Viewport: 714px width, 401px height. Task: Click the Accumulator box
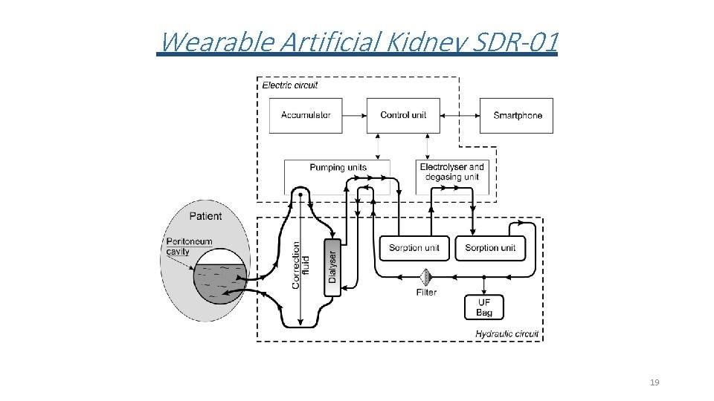point(306,115)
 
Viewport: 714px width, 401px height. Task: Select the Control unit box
point(403,115)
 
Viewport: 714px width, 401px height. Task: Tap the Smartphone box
point(517,115)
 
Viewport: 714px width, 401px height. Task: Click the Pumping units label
point(338,168)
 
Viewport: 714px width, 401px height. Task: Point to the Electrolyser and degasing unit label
point(451,172)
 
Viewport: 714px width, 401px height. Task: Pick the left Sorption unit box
point(414,247)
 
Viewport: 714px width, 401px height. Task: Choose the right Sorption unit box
point(490,247)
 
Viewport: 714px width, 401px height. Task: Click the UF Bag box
point(483,307)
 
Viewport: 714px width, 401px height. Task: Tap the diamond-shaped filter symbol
point(427,277)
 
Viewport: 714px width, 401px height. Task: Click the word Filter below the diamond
point(426,293)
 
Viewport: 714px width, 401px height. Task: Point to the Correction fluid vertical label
point(301,264)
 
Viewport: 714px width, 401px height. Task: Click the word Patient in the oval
point(205,216)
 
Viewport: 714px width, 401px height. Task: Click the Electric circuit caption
point(290,85)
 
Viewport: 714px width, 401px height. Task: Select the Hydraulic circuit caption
point(506,333)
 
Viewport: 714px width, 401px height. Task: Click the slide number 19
point(654,382)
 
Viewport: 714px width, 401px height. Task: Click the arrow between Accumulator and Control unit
point(354,115)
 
